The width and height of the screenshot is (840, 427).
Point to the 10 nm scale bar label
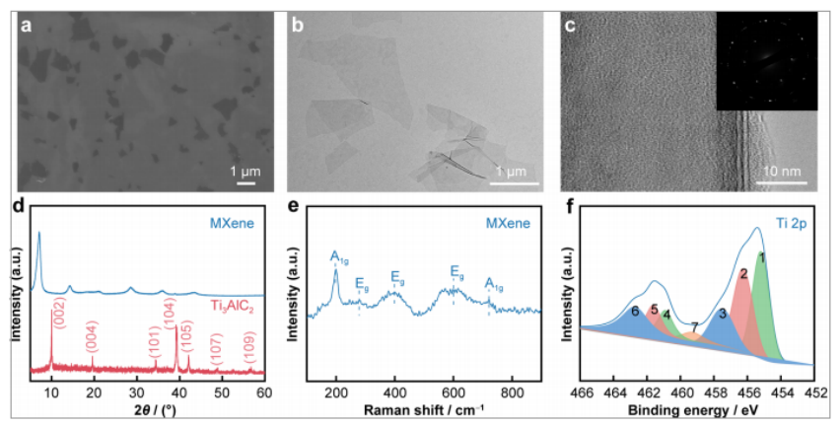(785, 172)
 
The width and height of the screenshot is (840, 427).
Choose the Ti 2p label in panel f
(791, 225)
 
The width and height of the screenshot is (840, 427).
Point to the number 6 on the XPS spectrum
(636, 311)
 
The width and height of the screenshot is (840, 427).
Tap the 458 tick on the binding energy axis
(715, 393)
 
